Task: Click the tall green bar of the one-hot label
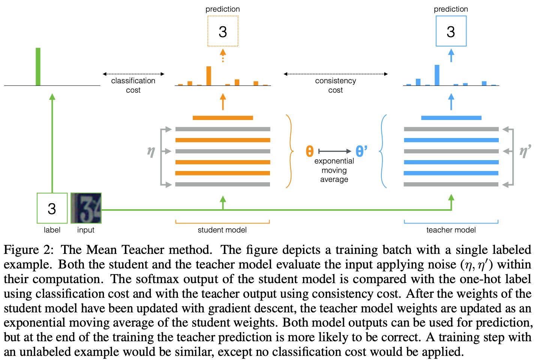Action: tap(38, 67)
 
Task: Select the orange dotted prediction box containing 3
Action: tap(223, 31)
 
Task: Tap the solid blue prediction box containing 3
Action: tap(451, 31)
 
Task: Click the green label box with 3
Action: tap(52, 208)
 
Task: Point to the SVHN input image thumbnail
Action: tap(86, 208)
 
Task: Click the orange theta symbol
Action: tap(309, 151)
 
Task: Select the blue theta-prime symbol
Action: tap(361, 151)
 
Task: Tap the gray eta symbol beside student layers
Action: tap(151, 151)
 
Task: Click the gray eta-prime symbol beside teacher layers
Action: tap(525, 151)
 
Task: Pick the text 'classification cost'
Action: tap(133, 85)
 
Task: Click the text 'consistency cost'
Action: tap(335, 85)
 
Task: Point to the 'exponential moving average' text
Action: tap(334, 170)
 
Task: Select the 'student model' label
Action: tap(222, 230)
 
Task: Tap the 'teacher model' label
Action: tap(451, 230)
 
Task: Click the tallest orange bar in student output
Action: tap(208, 76)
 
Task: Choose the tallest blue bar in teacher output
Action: tap(437, 75)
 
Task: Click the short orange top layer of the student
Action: tap(223, 118)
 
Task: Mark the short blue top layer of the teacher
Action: tap(451, 118)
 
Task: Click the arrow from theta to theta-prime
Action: tap(334, 151)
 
